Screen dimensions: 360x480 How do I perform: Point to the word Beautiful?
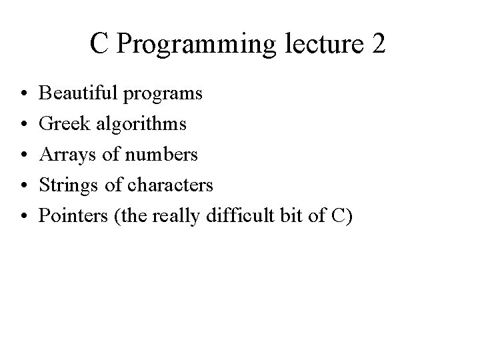tap(80, 93)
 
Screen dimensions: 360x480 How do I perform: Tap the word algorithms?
tap(141, 125)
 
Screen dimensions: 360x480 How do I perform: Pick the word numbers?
tap(162, 154)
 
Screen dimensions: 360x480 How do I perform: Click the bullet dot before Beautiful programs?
tap(22, 94)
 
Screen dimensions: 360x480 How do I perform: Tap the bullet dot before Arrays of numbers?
tap(22, 155)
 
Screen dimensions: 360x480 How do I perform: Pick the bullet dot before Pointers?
tap(22, 216)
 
